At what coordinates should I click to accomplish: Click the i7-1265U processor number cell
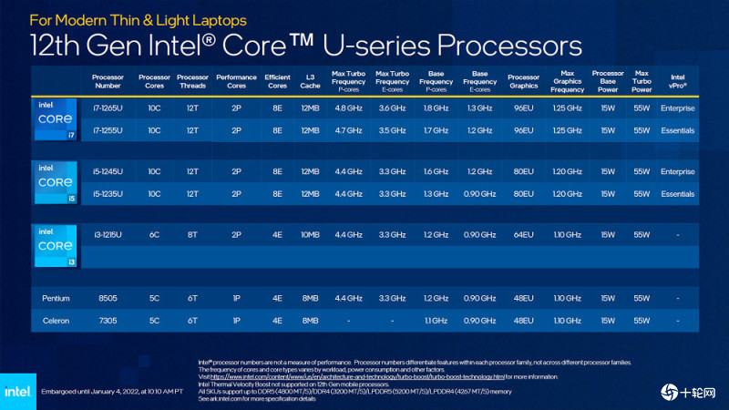coord(108,108)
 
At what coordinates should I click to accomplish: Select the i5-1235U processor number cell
coord(108,193)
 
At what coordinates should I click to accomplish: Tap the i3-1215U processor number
coord(108,235)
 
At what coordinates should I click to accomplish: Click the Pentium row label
coord(56,298)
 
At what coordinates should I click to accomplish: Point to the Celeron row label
coord(56,320)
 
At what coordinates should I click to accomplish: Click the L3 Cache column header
coord(311,81)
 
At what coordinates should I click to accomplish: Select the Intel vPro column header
coord(678,81)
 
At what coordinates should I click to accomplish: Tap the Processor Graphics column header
coord(523,81)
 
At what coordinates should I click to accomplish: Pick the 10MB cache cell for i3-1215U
coord(311,235)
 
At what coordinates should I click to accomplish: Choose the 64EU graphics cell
coord(523,235)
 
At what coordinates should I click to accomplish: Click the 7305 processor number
coord(108,320)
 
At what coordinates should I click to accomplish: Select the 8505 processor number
coord(108,298)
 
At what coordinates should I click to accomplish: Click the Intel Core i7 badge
coord(56,120)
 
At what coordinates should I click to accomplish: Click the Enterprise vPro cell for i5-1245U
coord(678,171)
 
